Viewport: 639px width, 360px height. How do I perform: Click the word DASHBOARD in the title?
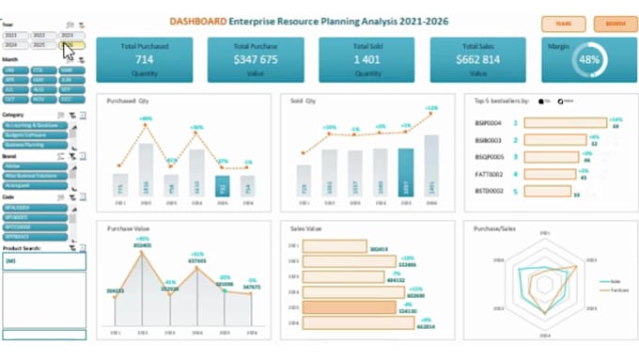tap(195, 19)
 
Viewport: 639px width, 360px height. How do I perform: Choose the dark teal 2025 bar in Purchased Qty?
tap(222, 186)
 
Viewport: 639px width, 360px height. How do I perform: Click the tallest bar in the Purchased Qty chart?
tap(147, 169)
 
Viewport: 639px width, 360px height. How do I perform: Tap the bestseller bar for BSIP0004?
tap(565, 122)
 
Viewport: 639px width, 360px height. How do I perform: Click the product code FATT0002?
tap(488, 174)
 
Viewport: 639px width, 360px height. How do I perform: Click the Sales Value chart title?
tap(307, 228)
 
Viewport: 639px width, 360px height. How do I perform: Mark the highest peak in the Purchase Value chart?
tap(143, 245)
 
